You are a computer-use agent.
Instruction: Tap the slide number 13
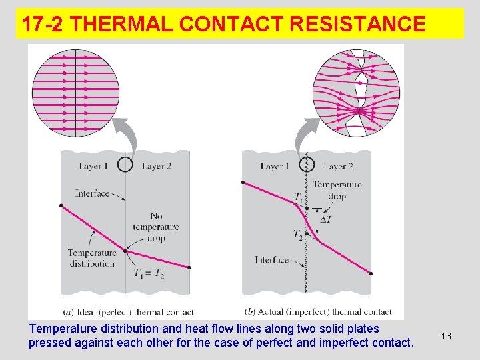446,336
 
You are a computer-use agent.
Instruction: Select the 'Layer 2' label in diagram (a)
157,166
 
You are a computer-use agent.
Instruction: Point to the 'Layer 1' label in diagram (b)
275,166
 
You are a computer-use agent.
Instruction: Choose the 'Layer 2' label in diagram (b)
337,166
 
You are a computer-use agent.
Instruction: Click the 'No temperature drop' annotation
156,227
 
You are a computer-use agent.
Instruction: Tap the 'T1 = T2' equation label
149,272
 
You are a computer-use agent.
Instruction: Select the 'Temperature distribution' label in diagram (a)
92,258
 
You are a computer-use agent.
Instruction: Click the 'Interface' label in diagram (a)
92,193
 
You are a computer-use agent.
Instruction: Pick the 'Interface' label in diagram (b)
271,260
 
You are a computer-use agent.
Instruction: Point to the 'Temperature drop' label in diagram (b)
337,190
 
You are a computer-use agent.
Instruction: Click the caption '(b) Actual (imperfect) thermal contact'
319,311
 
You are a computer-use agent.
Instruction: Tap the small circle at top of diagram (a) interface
125,164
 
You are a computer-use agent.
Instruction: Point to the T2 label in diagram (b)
298,234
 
